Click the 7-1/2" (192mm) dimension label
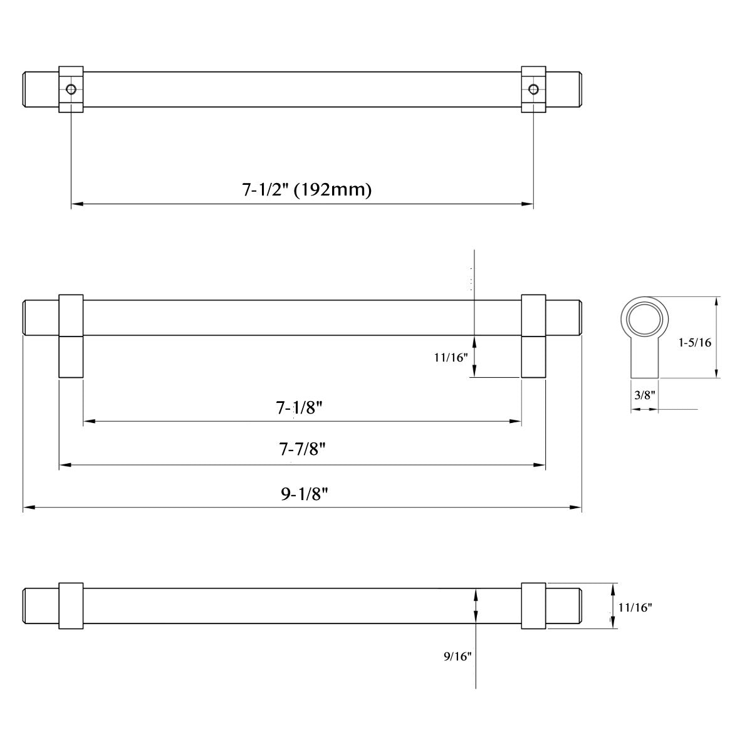coord(306,189)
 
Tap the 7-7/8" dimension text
coord(303,449)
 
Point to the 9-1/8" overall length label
coord(305,494)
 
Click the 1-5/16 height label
coord(694,343)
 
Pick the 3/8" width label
coord(644,395)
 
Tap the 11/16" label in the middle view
coord(451,358)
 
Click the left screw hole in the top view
coord(71,89)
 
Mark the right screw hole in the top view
coord(533,89)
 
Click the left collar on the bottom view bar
coord(71,606)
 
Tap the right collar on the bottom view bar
coord(533,606)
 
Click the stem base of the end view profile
coord(644,370)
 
